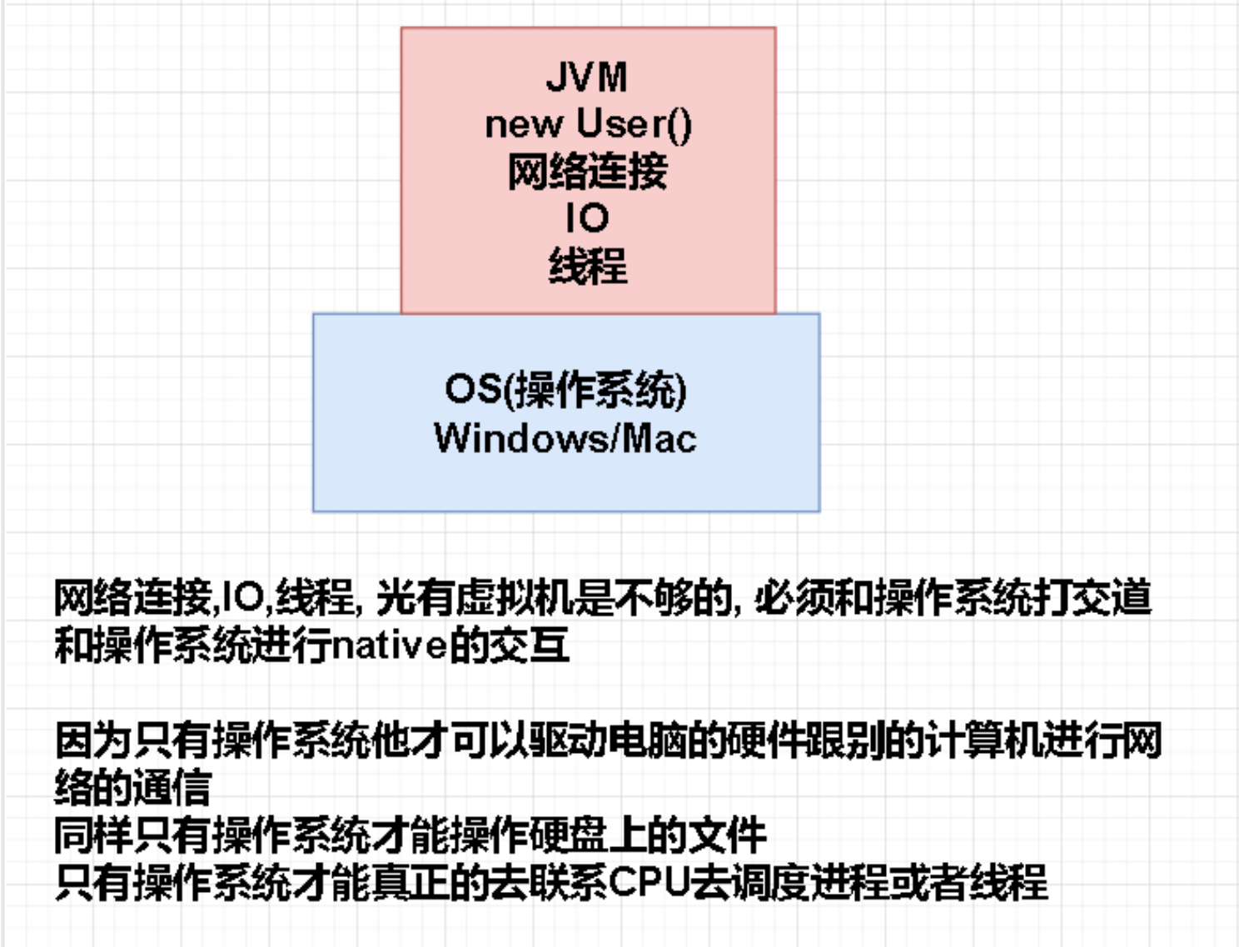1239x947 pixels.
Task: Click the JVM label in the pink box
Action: coord(587,77)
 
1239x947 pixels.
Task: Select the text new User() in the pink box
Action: coord(588,124)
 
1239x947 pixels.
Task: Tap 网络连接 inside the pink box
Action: coord(588,172)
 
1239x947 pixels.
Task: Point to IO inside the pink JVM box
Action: coord(587,218)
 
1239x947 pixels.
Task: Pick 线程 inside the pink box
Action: coord(588,266)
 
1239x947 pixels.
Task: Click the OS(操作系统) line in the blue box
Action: coord(565,390)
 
